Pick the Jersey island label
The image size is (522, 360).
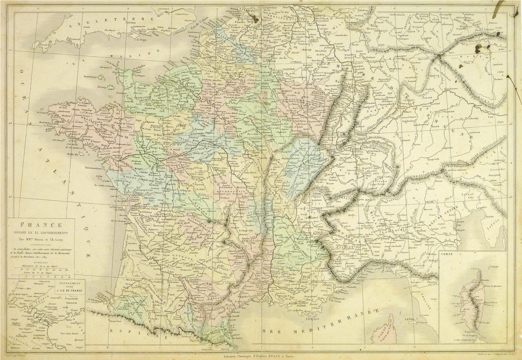point(102,87)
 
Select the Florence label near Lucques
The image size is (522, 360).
point(432,281)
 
